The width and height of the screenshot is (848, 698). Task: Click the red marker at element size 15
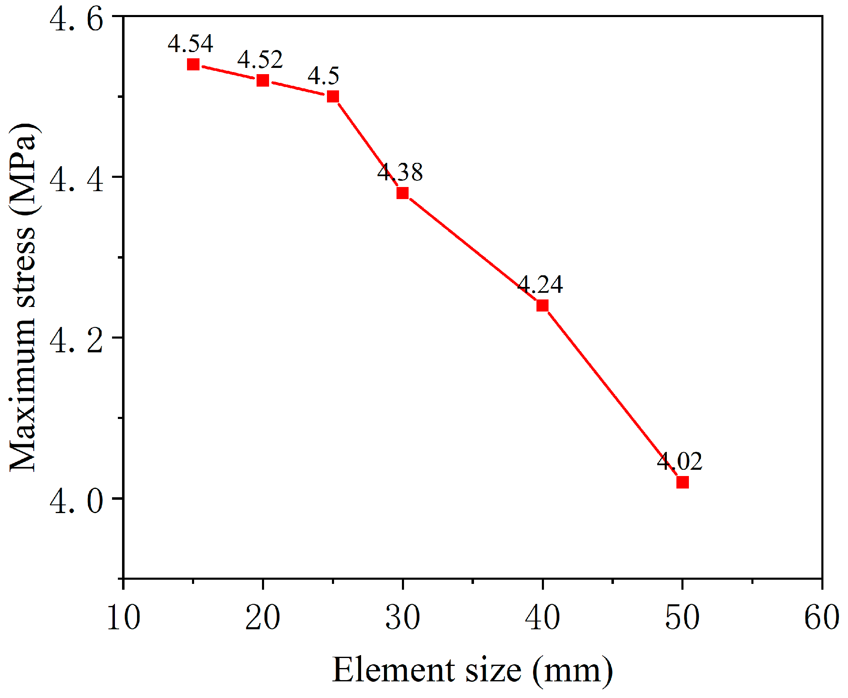point(193,65)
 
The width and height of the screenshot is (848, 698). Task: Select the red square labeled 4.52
point(263,80)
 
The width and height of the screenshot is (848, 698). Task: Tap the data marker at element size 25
point(333,97)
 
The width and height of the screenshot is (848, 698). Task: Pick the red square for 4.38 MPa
point(402,193)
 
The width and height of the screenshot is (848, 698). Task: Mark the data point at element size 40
point(542,306)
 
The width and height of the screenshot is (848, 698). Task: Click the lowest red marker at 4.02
point(682,482)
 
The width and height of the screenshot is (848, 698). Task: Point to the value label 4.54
point(190,43)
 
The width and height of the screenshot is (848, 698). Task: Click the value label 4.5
point(324,75)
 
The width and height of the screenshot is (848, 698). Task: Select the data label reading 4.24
point(540,284)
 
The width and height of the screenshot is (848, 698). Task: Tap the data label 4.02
point(680,461)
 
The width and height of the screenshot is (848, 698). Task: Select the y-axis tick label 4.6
point(76,19)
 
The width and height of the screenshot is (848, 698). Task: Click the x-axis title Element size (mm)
point(472,670)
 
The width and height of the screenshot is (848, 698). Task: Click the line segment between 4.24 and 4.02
point(612,394)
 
